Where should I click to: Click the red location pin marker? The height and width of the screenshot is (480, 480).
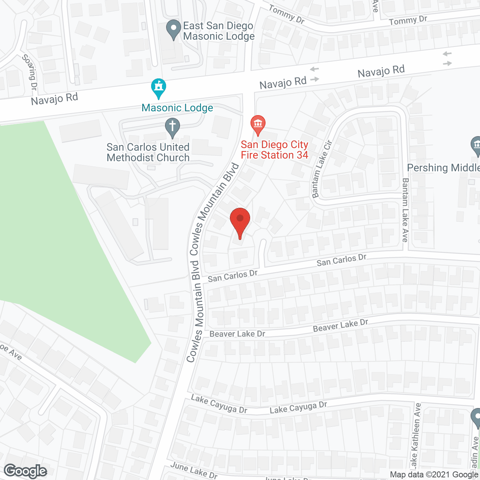pos(240,222)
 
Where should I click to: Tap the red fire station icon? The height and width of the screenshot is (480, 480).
pos(258,124)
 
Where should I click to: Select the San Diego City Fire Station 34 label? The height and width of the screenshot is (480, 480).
pos(274,150)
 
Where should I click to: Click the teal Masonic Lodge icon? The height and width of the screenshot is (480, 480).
pos(159,88)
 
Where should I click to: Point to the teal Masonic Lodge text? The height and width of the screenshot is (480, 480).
pos(177,108)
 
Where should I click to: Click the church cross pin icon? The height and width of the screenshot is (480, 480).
pos(172,127)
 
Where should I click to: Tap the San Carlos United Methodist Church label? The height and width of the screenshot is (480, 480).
pos(148,152)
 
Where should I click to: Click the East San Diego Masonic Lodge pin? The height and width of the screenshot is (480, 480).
pos(173,29)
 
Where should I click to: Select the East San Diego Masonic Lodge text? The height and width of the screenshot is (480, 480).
pos(219,31)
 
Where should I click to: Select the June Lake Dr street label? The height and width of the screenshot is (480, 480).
pos(194,470)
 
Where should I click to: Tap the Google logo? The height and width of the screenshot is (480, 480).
pos(25,471)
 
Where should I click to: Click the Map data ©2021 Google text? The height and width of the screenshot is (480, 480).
pos(434,475)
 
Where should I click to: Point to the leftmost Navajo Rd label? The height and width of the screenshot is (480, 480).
pos(54,99)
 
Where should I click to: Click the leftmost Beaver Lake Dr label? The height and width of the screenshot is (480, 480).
pos(237,334)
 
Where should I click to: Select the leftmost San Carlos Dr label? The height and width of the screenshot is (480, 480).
pos(232,276)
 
